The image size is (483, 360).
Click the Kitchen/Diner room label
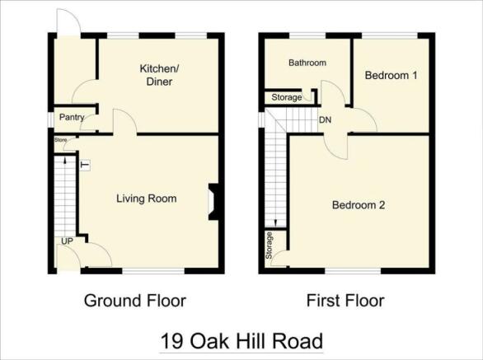tap(159, 75)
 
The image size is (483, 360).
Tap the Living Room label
tap(147, 199)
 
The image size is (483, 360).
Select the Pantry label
tap(72, 117)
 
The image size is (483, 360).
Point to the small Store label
tap(61, 139)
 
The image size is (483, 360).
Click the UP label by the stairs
tap(67, 241)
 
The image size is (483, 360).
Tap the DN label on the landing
tap(326, 119)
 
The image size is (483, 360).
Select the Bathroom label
tap(307, 63)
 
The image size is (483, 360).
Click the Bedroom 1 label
tap(392, 75)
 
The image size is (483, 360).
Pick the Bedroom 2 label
tap(359, 205)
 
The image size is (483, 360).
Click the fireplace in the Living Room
tap(213, 202)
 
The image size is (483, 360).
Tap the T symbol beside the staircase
tap(85, 166)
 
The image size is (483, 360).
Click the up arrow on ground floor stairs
tap(64, 161)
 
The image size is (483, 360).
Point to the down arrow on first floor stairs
tap(275, 222)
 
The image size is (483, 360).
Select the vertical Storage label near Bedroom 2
tap(269, 245)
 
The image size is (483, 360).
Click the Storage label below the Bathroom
tap(287, 98)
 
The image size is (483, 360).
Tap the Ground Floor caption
tap(135, 301)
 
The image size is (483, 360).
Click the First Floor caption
tap(345, 301)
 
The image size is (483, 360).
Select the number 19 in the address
tap(172, 341)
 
